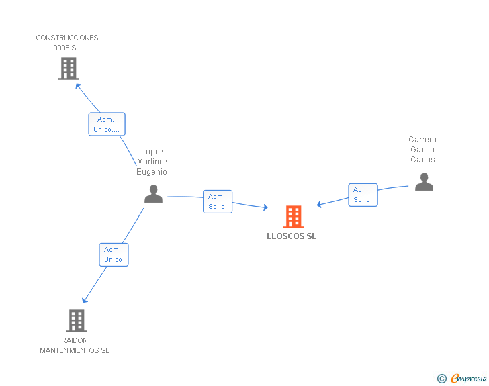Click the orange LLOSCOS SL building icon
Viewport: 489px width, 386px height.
coord(294,217)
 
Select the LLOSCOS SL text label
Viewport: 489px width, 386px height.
coord(292,236)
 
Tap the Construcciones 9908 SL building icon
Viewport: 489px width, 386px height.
coord(69,68)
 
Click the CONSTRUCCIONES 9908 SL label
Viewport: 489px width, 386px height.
coord(67,43)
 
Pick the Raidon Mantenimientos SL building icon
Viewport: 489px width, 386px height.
coord(77,321)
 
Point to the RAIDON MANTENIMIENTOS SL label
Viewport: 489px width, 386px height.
coord(75,346)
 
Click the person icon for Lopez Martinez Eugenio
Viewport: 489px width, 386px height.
coord(154,194)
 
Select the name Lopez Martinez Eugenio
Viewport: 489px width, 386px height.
coord(152,162)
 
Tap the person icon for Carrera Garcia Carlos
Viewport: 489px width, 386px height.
coord(424,182)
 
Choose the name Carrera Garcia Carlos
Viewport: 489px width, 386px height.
coord(423,150)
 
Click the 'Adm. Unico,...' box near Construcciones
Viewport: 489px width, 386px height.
coord(107,124)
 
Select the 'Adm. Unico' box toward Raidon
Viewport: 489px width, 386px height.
coord(113,254)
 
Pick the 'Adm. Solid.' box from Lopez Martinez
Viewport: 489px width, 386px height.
coord(218,201)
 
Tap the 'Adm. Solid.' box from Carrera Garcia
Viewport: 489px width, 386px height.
coord(363,195)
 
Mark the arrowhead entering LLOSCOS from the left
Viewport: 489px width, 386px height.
coord(265,208)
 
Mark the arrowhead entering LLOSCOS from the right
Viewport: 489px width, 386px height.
coord(320,205)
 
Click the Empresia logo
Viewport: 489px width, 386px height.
coord(469,379)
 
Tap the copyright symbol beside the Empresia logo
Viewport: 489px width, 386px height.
coord(442,379)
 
